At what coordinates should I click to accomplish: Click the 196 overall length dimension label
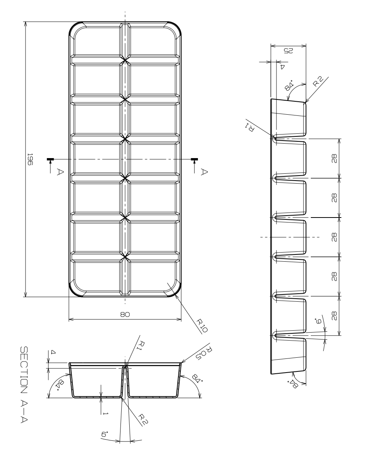30,159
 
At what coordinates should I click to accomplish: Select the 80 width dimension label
125,314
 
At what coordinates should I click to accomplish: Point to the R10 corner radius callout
202,326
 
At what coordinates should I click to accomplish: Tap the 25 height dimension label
288,51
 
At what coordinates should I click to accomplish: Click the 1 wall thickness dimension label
106,413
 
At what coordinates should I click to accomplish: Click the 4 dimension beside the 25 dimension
282,67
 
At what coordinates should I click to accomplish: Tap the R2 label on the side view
318,81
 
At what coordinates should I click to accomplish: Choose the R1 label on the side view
249,127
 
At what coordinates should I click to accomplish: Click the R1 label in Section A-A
141,346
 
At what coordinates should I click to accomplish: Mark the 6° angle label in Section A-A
104,434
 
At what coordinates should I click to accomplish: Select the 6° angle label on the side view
319,321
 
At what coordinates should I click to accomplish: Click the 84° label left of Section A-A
60,385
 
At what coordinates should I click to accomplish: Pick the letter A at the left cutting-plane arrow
60,172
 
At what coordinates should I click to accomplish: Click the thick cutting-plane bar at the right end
194,159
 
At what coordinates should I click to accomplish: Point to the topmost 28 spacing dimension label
334,158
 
